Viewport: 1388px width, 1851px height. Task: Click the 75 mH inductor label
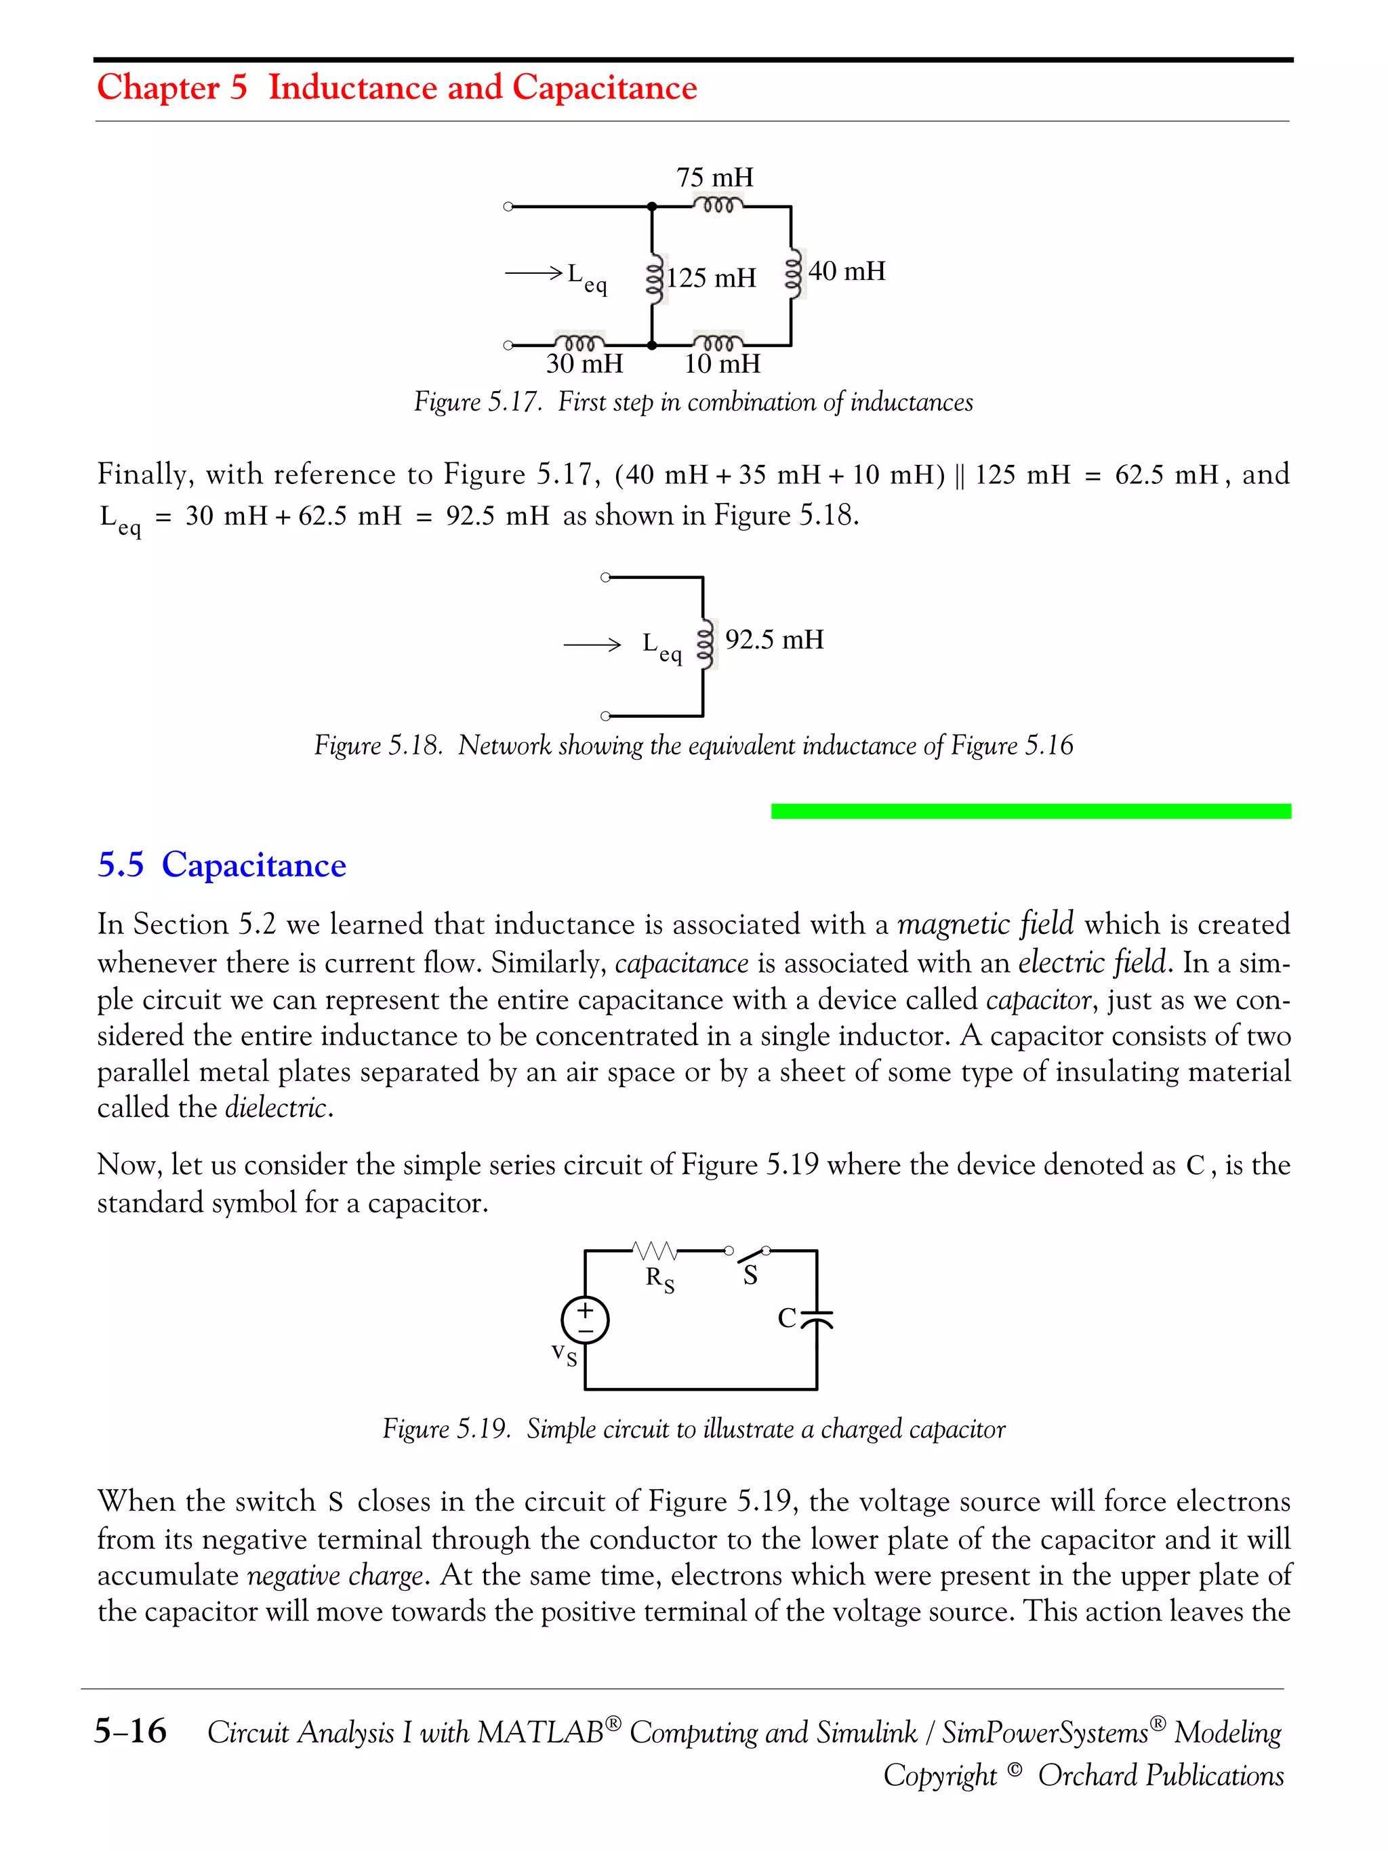coord(714,178)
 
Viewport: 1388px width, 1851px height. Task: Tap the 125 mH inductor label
coord(710,278)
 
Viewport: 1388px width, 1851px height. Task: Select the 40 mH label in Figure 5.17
coord(846,271)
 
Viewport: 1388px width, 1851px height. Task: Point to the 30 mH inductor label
coord(584,364)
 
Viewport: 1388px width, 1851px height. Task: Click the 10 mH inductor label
coord(722,364)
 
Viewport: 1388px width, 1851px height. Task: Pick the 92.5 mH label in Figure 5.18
coord(774,640)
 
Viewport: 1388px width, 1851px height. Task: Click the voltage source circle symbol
coord(585,1320)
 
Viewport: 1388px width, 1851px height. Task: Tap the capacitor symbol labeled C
coord(816,1320)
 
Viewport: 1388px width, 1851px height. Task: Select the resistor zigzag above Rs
coord(655,1251)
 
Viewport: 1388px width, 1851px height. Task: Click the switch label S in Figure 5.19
coord(750,1276)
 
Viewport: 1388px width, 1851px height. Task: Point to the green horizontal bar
coord(1031,811)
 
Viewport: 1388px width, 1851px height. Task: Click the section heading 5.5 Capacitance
coord(222,864)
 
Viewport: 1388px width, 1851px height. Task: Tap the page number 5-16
coord(131,1730)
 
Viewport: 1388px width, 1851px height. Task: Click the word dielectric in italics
coord(276,1108)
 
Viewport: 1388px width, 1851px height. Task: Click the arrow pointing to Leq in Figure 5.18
coord(592,645)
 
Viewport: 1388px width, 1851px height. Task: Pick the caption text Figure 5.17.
coord(477,403)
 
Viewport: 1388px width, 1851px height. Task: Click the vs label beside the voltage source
coord(564,1354)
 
